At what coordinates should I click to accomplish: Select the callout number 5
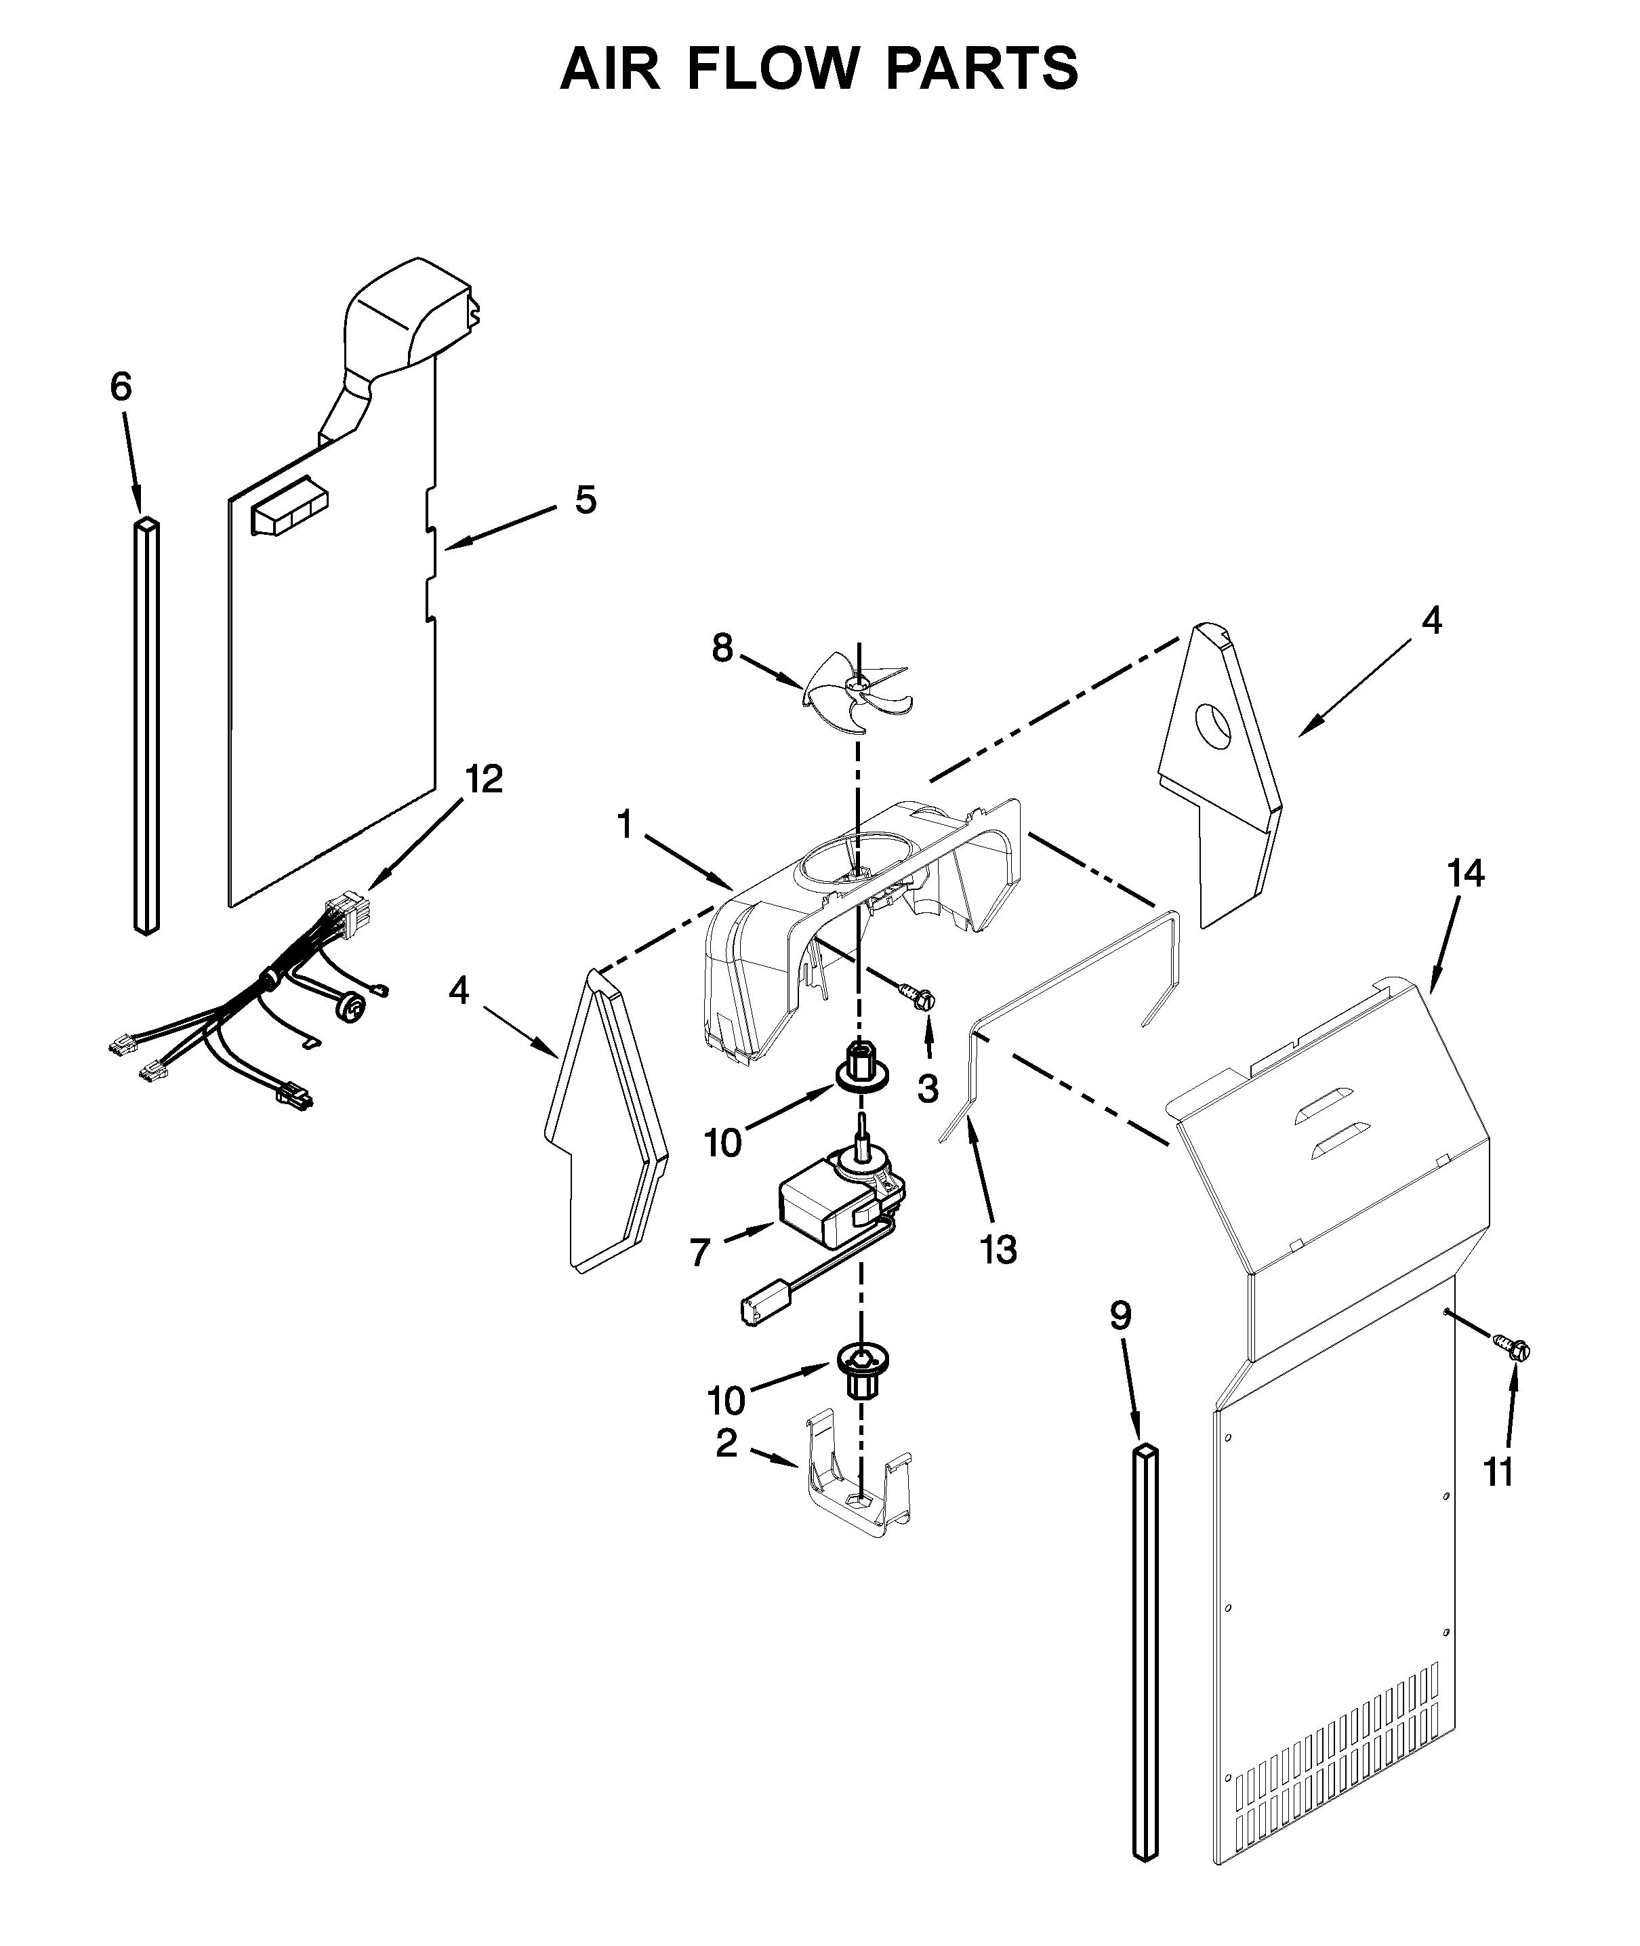point(585,500)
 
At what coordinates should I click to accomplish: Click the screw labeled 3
point(918,996)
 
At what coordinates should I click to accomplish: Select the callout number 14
point(1465,874)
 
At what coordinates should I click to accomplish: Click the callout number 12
point(483,779)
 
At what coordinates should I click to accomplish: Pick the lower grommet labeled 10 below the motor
point(861,1371)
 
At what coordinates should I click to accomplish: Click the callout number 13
point(998,1251)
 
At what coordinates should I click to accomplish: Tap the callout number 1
point(625,824)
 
